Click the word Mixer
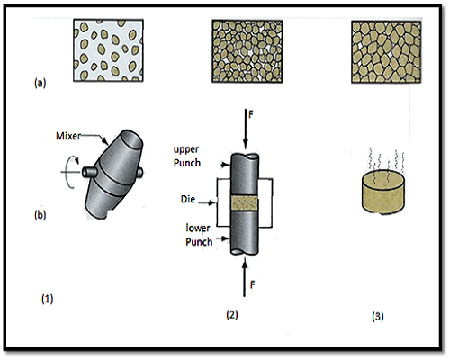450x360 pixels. (x=68, y=136)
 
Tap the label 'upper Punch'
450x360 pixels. (x=187, y=157)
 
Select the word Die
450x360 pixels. (x=188, y=199)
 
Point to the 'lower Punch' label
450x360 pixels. (x=199, y=235)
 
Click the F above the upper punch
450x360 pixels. (x=251, y=115)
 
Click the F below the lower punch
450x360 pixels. (x=252, y=284)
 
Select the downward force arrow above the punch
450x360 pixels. (x=246, y=130)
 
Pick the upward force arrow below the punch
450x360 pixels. (x=245, y=278)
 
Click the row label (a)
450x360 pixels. (x=40, y=83)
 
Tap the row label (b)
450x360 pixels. (x=40, y=215)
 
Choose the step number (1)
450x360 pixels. (x=47, y=299)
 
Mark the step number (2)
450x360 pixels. (x=231, y=315)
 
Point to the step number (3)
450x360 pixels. (x=378, y=316)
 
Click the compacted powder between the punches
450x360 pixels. (x=245, y=203)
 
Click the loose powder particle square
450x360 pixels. (x=108, y=50)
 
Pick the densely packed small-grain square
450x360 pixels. (x=247, y=51)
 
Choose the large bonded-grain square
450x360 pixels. (x=386, y=52)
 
